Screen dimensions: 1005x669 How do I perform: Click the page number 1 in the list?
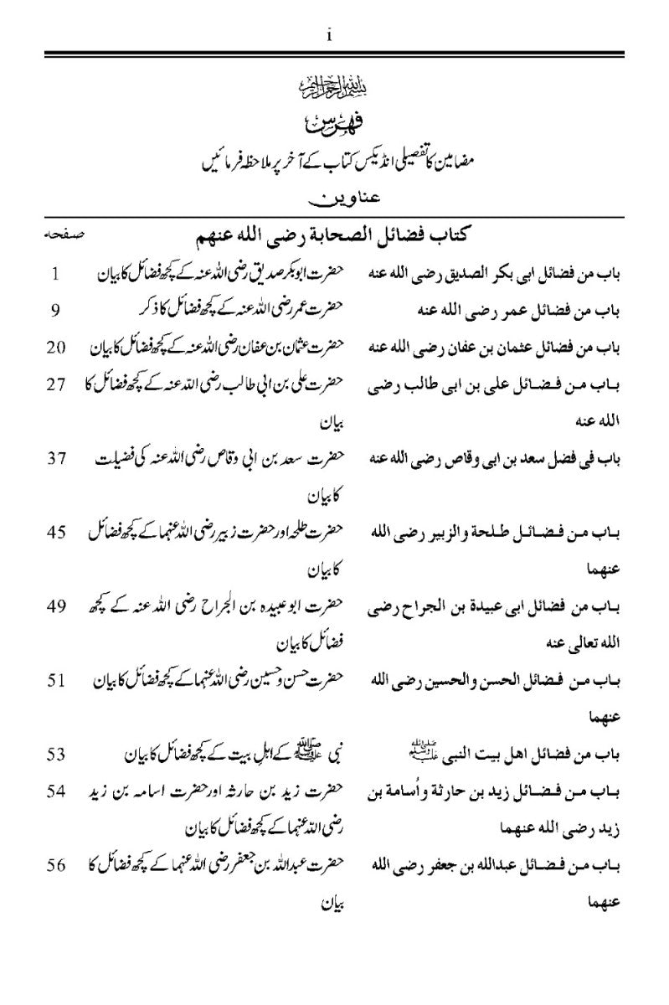tap(55, 274)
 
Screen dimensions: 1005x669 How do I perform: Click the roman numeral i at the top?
tap(332, 34)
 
